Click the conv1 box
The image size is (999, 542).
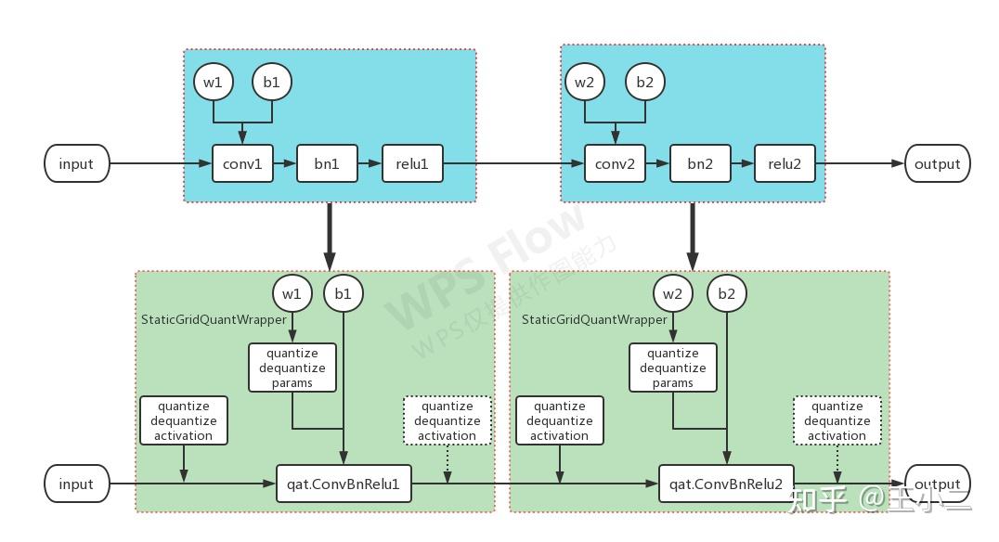(242, 163)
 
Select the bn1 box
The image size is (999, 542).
(327, 163)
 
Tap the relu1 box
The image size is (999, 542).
(412, 163)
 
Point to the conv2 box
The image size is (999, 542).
(615, 163)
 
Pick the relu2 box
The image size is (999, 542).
(785, 163)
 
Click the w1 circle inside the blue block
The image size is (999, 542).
(214, 82)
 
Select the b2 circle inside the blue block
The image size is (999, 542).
(644, 82)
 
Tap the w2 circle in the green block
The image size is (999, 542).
(672, 293)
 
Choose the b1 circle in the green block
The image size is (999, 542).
(344, 293)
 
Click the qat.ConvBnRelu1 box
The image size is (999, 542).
(344, 484)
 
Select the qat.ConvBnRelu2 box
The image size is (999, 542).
(726, 484)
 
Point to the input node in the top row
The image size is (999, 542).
(76, 163)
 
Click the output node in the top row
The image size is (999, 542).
(937, 163)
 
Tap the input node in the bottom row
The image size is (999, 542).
(76, 484)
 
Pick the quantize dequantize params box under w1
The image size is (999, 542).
(292, 368)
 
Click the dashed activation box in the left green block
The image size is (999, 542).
(447, 420)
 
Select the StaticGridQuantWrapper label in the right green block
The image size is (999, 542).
(594, 319)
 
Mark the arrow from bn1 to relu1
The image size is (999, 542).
(370, 163)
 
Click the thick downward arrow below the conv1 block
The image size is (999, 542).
(329, 236)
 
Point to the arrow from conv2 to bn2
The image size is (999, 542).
(657, 163)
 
